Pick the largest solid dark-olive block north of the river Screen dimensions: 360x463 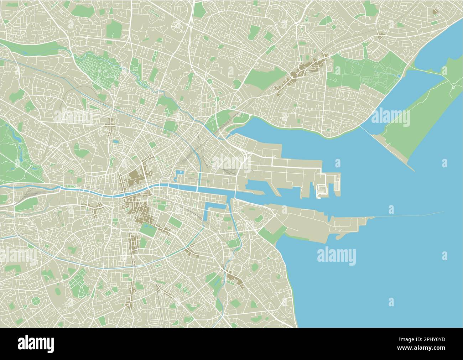click(135, 176)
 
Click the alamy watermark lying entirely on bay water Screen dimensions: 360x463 click(336, 256)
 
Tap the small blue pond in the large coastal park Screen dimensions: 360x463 click(398, 75)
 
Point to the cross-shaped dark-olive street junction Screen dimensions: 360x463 click(109, 124)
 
